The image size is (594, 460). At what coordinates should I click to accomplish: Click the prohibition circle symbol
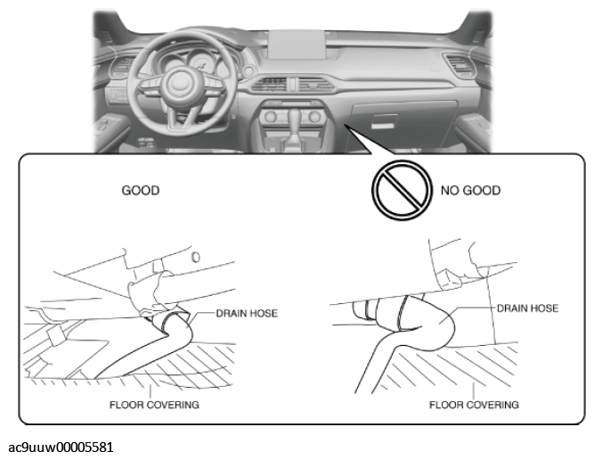click(402, 190)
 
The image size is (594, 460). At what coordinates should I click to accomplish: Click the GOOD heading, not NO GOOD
click(141, 191)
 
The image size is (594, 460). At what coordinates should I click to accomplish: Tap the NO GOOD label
click(470, 191)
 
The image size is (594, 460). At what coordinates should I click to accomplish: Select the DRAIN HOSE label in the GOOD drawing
click(247, 313)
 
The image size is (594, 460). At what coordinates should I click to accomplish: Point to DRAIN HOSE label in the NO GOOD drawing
click(528, 308)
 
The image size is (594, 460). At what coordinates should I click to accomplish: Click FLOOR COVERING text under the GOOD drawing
click(154, 405)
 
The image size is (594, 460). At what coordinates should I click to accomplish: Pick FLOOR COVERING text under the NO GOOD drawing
click(474, 405)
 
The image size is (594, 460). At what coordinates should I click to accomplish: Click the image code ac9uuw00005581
click(61, 448)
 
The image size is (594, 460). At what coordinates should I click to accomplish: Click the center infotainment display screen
click(297, 45)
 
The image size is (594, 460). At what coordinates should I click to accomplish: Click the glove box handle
click(384, 121)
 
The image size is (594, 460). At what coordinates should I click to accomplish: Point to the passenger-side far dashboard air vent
click(460, 65)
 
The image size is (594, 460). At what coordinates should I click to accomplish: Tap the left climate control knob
click(270, 117)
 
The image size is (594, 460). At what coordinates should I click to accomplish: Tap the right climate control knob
click(314, 117)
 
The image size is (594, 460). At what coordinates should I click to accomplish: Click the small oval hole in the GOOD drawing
click(195, 257)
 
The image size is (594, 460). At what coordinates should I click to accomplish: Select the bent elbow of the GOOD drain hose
click(178, 326)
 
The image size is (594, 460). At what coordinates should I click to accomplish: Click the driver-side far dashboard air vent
click(122, 67)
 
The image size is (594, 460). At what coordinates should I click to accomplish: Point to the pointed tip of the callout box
click(346, 125)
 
